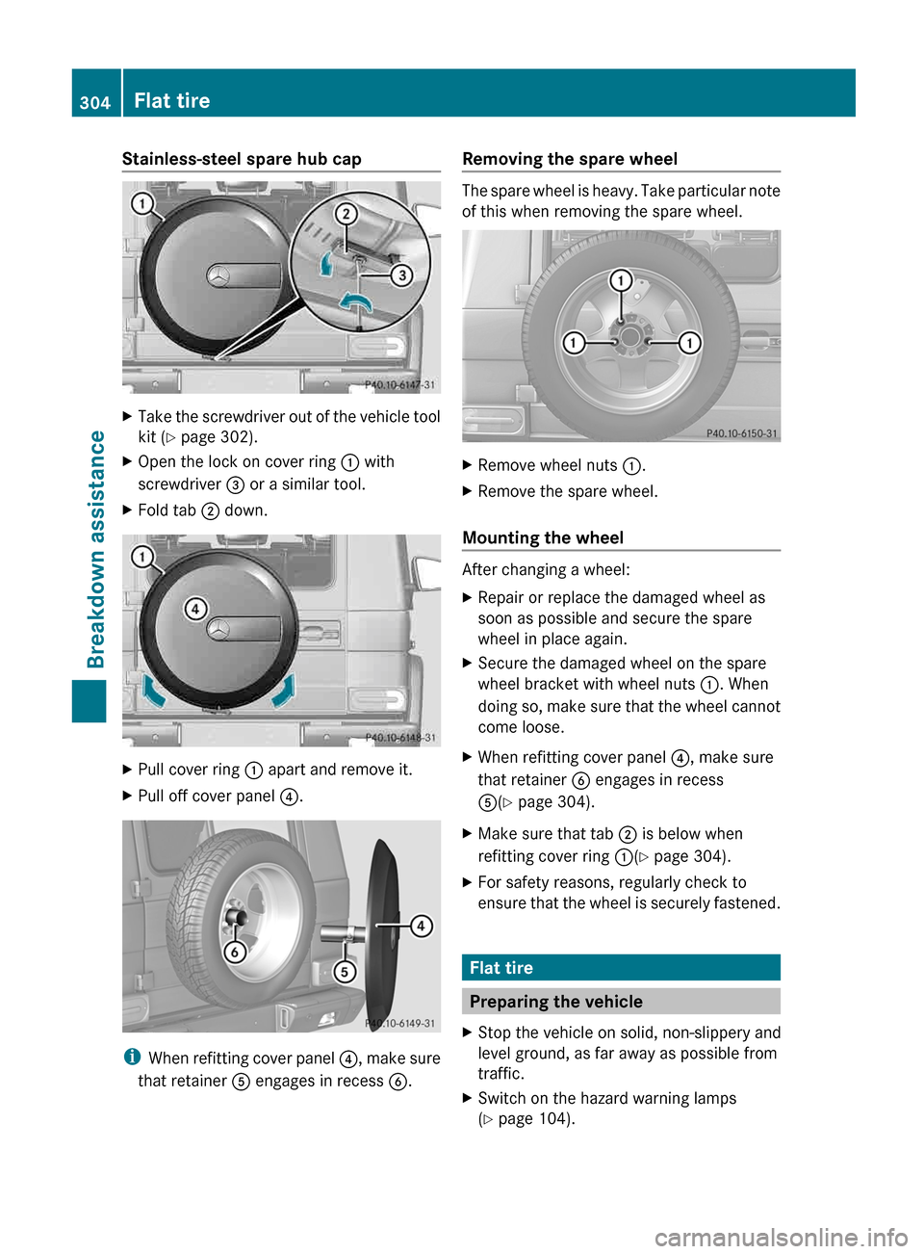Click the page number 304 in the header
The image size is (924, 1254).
pyautogui.click(x=94, y=102)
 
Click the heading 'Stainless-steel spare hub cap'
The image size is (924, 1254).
pyautogui.click(x=242, y=159)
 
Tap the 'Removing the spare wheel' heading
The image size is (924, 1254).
pyautogui.click(x=570, y=159)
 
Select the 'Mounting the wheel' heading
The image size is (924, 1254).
pyautogui.click(x=543, y=537)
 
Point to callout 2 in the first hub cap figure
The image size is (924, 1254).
pyautogui.click(x=346, y=214)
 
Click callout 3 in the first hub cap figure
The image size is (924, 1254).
pyautogui.click(x=400, y=275)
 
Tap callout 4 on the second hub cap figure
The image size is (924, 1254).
pyautogui.click(x=195, y=609)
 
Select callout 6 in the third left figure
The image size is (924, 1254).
pyautogui.click(x=234, y=952)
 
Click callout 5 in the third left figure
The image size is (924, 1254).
pyautogui.click(x=344, y=971)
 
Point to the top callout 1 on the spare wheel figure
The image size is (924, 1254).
pyautogui.click(x=621, y=280)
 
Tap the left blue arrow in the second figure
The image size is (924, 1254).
pyautogui.click(x=152, y=690)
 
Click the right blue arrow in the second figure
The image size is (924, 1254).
pyautogui.click(x=284, y=691)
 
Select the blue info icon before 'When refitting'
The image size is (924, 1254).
pyautogui.click(x=132, y=1058)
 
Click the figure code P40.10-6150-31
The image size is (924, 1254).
pyautogui.click(x=741, y=433)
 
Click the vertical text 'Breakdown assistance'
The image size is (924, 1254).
pyautogui.click(x=95, y=549)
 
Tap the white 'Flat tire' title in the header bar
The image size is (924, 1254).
pyautogui.click(x=172, y=101)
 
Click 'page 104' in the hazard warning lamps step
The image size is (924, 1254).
pyautogui.click(x=533, y=1119)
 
